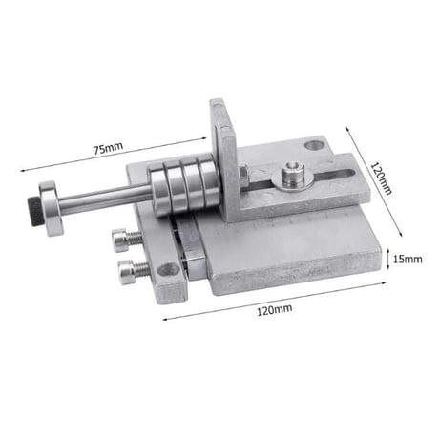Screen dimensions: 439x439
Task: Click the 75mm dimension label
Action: tap(108, 148)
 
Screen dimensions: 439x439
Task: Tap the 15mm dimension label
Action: tap(408, 259)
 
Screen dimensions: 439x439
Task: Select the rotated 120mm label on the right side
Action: tap(382, 178)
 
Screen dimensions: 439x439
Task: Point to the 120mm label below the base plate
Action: tap(275, 309)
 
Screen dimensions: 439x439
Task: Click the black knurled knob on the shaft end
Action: tap(34, 211)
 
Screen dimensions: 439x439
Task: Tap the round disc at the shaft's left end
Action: tap(52, 208)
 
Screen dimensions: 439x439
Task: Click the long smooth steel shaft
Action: tap(105, 197)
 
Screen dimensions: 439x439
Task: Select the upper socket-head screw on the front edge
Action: tap(126, 240)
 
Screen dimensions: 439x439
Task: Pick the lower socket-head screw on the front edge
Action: tap(133, 271)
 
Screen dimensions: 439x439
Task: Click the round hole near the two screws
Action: tap(168, 270)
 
